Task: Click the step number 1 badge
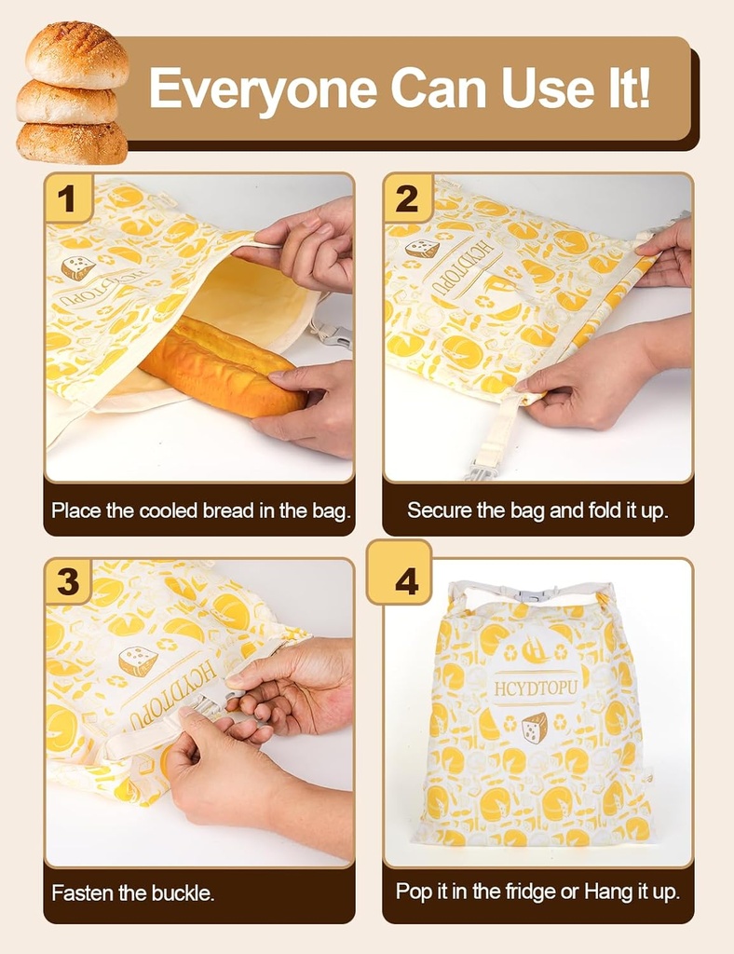coord(67,198)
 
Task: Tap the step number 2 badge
coord(407,198)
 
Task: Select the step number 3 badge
coord(67,581)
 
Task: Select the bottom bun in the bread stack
coord(72,143)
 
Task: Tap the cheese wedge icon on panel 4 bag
coord(534,727)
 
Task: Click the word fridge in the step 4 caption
coord(512,892)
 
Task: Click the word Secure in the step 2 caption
coord(438,511)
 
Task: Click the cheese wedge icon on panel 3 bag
coord(138,661)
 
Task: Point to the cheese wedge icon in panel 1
coord(78,267)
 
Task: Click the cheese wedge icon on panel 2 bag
coord(422,248)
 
